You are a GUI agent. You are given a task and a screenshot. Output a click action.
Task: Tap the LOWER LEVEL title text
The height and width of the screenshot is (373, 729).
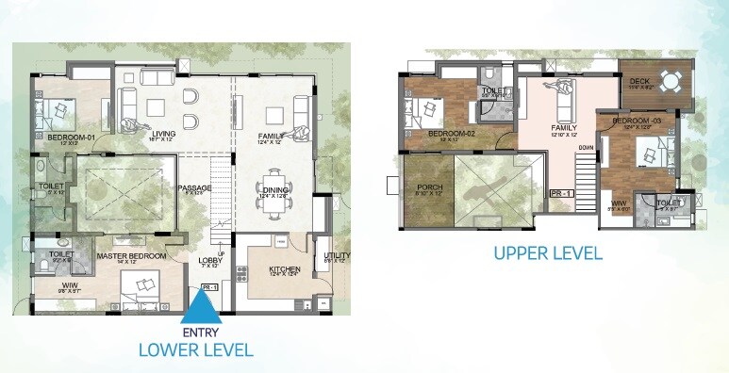(x=195, y=350)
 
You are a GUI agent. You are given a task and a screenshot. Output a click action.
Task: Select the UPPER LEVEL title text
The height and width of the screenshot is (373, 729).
(x=548, y=252)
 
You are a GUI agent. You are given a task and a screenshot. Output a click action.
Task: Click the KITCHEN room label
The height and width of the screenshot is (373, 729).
(x=284, y=269)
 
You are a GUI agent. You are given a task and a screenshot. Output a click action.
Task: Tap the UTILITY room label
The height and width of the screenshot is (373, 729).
(x=337, y=255)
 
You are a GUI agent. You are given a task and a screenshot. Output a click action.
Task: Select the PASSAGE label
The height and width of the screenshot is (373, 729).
(x=194, y=187)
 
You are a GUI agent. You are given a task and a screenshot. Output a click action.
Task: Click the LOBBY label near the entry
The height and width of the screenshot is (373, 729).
(x=208, y=261)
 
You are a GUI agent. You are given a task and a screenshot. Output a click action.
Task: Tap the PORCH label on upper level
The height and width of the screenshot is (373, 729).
(x=429, y=187)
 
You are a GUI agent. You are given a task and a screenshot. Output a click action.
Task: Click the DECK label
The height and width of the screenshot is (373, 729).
(x=638, y=82)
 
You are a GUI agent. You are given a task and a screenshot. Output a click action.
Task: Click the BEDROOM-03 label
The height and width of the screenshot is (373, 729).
(x=630, y=122)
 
